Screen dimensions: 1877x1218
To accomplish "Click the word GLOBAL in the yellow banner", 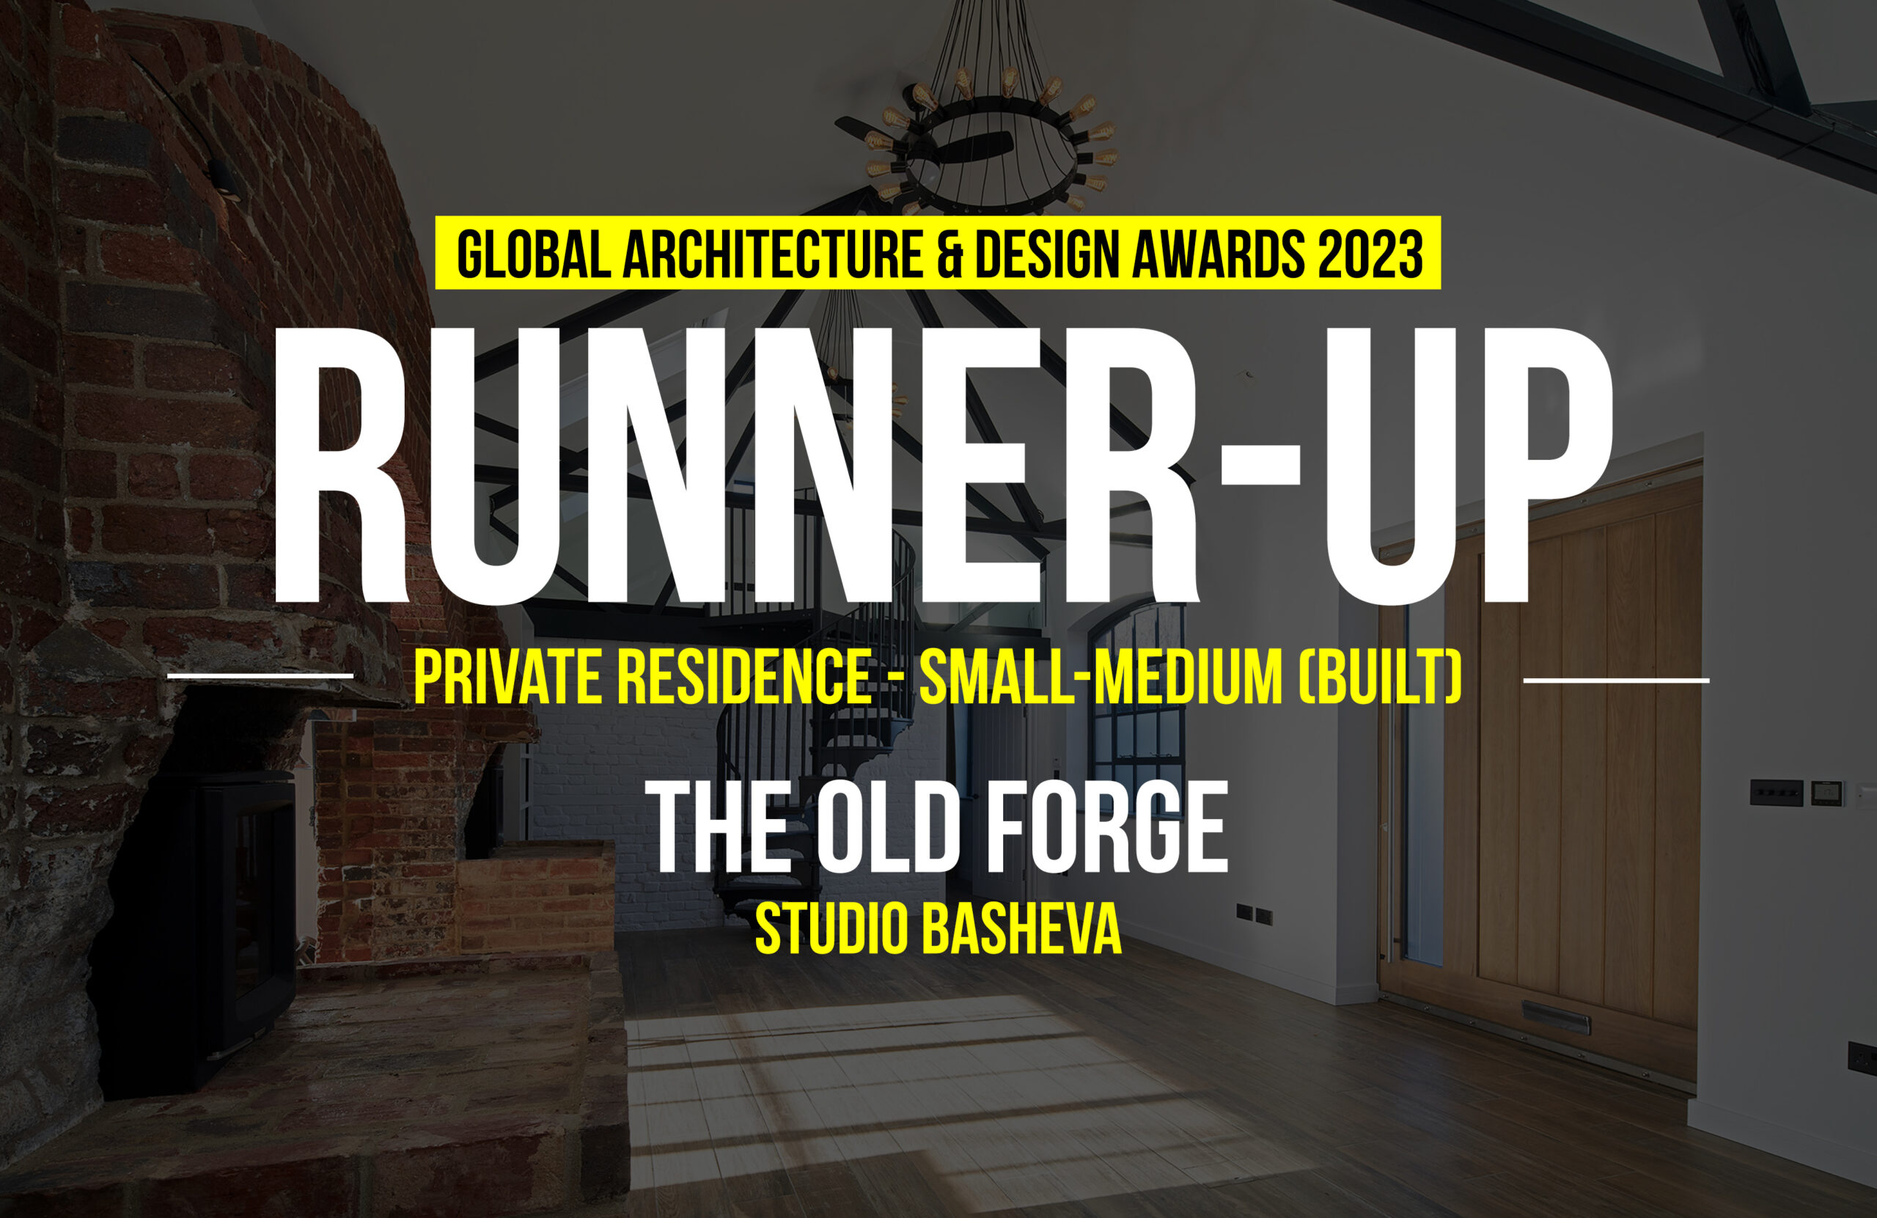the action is [x=534, y=254].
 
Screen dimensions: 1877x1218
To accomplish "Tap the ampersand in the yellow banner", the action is [x=950, y=254].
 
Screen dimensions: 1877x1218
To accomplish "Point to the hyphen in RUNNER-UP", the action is [x=1260, y=465].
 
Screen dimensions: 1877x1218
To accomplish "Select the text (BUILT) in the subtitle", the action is [x=1380, y=678].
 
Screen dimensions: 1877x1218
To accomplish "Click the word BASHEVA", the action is [x=1021, y=929].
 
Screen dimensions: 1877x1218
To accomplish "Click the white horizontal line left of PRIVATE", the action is [x=260, y=676].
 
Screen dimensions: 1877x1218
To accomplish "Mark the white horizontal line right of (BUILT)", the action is [x=1617, y=680].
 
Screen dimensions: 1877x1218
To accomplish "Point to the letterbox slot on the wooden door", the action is [x=1555, y=1018].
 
